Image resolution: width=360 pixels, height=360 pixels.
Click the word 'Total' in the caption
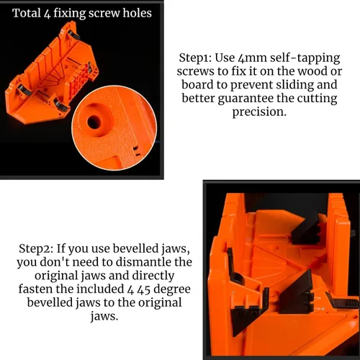pyautogui.click(x=27, y=13)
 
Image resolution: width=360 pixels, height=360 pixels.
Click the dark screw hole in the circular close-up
pyautogui.click(x=94, y=122)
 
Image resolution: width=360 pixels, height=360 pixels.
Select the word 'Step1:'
pyautogui.click(x=195, y=58)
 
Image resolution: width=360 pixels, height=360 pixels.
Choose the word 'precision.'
pyautogui.click(x=259, y=112)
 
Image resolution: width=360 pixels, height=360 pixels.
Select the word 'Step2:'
pyautogui.click(x=36, y=248)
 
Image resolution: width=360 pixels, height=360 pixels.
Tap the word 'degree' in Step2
pyautogui.click(x=172, y=290)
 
